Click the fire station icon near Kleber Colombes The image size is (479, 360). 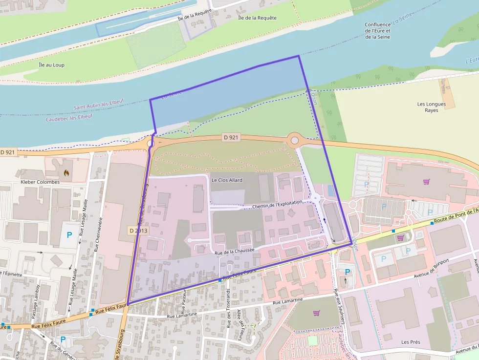66,172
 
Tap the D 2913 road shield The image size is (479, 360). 138,230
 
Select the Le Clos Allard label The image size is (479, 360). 227,180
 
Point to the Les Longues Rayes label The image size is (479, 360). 428,107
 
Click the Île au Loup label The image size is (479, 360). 51,64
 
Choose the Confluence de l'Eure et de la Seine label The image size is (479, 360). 377,30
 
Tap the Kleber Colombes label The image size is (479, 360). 40,182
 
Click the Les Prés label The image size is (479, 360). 411,342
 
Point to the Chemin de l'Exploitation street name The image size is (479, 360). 278,204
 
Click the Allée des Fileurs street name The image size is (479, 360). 240,324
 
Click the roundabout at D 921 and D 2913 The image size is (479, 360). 150,143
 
